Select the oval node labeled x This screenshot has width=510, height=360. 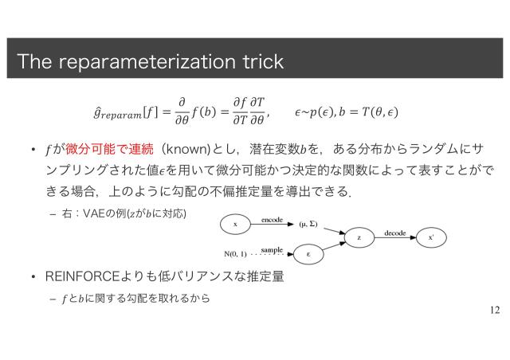[236, 225]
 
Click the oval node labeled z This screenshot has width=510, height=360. [359, 237]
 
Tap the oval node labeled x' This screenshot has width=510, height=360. [431, 237]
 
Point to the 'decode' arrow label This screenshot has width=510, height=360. [395, 232]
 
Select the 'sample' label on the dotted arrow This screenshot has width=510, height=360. [272, 250]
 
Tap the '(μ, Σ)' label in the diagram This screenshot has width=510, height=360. [307, 225]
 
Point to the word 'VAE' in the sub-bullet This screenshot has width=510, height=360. [90, 213]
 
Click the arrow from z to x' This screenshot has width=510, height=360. [395, 237]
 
